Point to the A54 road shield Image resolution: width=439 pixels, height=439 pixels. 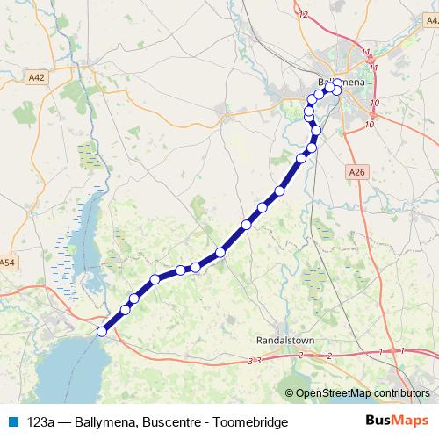tap(8, 263)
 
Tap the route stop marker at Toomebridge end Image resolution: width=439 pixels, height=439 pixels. tap(102, 331)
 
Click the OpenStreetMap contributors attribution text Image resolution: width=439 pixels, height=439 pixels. tap(358, 392)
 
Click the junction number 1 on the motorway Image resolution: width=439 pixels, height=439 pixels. tap(381, 351)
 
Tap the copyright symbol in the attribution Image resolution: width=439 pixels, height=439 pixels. tap(290, 392)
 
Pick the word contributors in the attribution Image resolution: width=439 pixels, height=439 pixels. tap(402, 392)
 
